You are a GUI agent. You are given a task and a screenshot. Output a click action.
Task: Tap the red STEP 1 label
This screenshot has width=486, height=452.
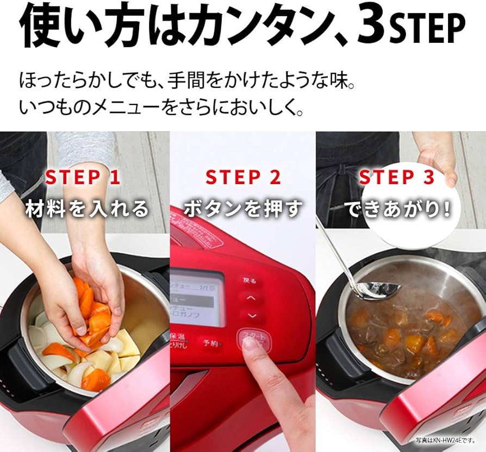point(83,177)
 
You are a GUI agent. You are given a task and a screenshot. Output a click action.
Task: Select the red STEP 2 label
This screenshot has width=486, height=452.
point(243,177)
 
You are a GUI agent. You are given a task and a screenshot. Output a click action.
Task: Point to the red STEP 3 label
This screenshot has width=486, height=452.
point(397,177)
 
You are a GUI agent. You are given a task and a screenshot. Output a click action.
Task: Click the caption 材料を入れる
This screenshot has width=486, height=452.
point(87,209)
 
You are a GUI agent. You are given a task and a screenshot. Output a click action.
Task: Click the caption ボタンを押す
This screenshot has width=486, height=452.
point(243,209)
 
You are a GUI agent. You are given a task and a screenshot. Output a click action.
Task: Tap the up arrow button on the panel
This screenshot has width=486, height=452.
point(251,298)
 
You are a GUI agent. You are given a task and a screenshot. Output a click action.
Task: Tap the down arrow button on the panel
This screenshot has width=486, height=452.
point(251,315)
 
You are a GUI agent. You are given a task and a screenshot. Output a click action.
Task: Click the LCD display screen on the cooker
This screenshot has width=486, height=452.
point(197,296)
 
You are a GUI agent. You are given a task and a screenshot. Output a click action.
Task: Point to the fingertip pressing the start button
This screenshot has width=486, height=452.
point(250,344)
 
